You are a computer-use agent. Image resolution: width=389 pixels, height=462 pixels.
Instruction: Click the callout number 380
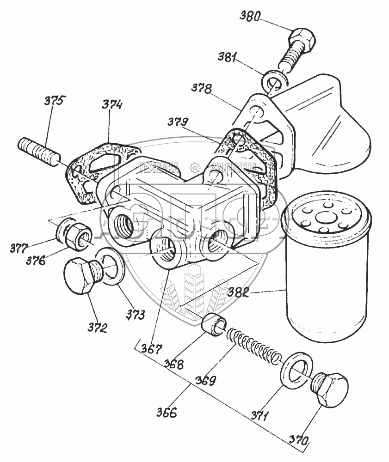click(x=250, y=18)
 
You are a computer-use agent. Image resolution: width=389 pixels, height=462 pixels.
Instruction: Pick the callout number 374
click(x=112, y=106)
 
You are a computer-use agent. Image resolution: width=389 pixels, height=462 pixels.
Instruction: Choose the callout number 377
click(x=18, y=248)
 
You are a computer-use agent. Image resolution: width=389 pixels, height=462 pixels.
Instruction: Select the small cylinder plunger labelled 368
click(x=214, y=323)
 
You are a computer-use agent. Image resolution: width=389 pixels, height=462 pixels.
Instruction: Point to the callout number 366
click(x=167, y=412)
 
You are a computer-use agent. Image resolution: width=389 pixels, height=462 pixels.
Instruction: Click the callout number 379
click(x=178, y=123)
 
